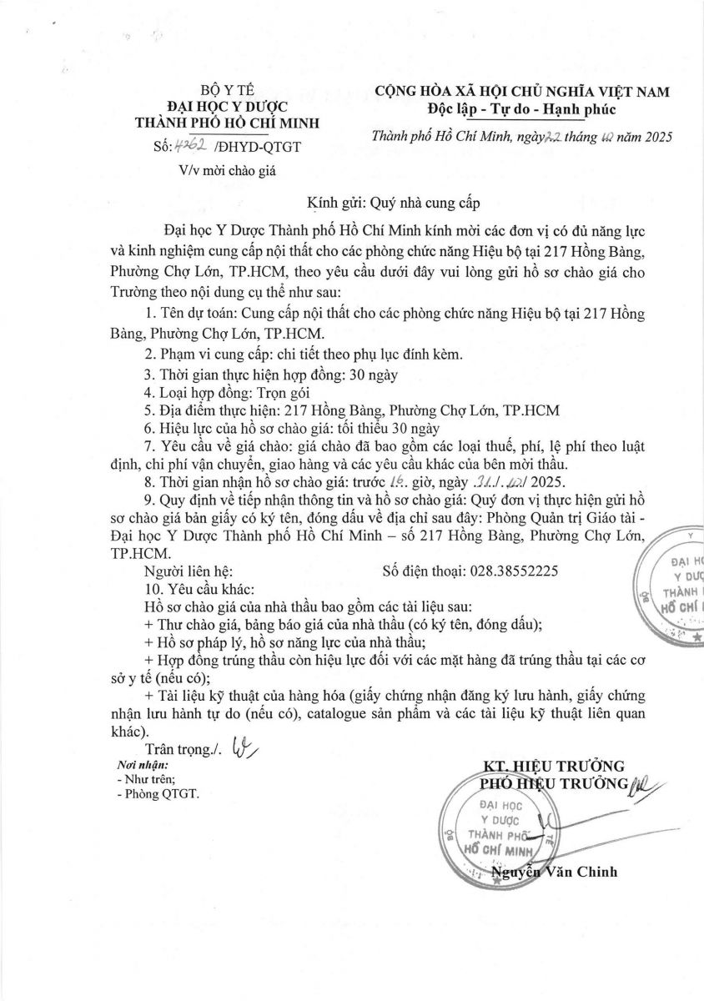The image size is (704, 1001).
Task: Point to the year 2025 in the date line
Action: (656, 136)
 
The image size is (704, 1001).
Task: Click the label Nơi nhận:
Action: (143, 764)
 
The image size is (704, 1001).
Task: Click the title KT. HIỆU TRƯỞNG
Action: (554, 766)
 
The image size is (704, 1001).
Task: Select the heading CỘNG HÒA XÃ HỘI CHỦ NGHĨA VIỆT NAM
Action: (521, 93)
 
